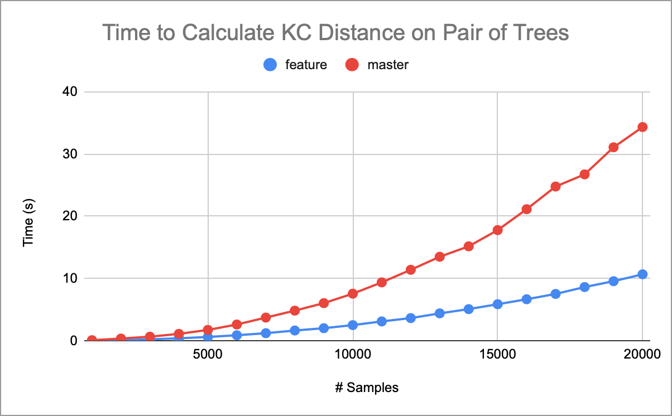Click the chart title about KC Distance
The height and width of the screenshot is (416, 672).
(335, 33)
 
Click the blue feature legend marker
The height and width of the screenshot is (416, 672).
(271, 65)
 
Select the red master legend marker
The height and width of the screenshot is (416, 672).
(352, 65)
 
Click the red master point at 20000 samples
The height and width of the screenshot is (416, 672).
(642, 127)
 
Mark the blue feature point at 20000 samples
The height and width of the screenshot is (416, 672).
(642, 274)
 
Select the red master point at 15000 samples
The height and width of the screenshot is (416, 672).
(498, 230)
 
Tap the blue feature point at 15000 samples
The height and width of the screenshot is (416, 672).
(498, 304)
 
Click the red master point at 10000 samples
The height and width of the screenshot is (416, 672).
(353, 293)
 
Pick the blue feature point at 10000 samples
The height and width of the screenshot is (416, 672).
(353, 325)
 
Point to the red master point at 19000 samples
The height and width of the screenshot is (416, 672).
(613, 147)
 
